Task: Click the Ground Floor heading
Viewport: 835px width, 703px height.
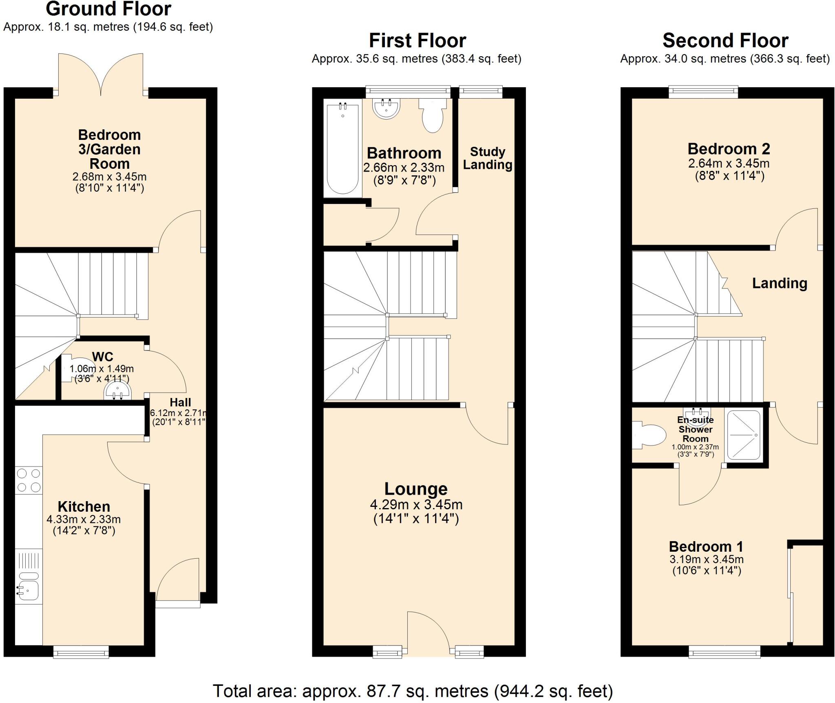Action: pos(108,9)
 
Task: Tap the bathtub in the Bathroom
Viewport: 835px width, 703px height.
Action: pos(342,149)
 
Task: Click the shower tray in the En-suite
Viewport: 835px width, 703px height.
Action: pos(744,436)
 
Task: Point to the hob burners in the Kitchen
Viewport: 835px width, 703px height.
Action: pos(29,480)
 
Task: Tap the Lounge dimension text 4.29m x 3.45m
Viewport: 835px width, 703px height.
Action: pos(416,505)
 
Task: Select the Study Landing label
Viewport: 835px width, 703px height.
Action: pos(488,158)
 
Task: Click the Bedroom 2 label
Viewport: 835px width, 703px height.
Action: pos(729,149)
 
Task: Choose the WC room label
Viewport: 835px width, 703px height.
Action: pos(102,357)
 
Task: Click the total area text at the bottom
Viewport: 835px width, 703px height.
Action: pos(413,691)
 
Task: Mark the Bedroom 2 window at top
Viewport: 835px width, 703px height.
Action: pos(703,92)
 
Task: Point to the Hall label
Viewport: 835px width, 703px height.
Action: pos(180,402)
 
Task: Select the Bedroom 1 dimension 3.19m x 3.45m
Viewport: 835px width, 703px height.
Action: pos(706,559)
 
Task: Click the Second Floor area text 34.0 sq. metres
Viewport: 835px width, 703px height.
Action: pos(725,59)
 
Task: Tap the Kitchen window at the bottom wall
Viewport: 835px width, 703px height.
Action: pos(81,651)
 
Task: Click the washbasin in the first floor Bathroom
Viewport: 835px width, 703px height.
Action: pos(386,108)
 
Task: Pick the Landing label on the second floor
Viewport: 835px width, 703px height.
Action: pos(779,283)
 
